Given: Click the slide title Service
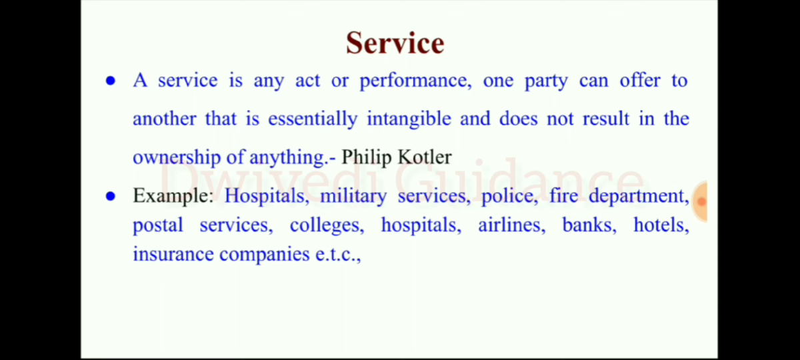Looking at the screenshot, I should pos(395,43).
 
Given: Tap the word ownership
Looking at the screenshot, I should pos(176,157).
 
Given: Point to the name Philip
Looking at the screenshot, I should pos(366,157).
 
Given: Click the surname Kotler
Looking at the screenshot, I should pos(425,157).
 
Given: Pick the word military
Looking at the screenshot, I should pos(353,196).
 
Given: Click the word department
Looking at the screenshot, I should pos(638,196).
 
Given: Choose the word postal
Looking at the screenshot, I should pos(157,225).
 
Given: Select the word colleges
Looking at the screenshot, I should pos(327,225).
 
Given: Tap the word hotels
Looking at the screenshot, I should pos(661,225).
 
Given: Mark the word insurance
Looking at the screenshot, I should pos(173,254).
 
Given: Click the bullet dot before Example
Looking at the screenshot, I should pos(111,197).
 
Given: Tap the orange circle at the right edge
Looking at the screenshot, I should pos(699,201).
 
